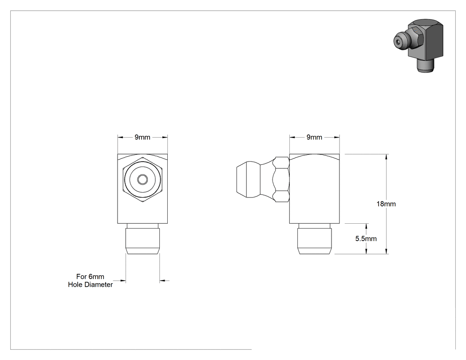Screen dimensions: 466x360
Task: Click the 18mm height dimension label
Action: click(386, 204)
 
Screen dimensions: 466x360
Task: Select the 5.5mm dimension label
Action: click(366, 239)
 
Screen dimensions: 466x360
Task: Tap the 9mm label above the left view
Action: click(142, 137)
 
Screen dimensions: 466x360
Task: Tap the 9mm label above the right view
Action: click(314, 137)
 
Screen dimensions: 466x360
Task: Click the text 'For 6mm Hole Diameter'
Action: click(91, 281)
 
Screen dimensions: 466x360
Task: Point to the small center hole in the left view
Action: click(142, 179)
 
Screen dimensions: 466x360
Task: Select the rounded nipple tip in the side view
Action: click(249, 179)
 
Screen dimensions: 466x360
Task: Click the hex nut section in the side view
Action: click(281, 179)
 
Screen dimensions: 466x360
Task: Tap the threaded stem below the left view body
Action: click(142, 239)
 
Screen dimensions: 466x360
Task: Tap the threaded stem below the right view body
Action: click(315, 239)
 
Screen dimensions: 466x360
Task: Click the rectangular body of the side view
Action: click(314, 189)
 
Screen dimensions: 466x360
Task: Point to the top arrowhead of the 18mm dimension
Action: click(387, 157)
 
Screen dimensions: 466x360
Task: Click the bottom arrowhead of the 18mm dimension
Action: click(387, 251)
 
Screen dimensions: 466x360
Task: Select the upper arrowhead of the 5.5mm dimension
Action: click(366, 226)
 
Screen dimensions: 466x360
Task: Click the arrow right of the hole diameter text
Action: click(122, 281)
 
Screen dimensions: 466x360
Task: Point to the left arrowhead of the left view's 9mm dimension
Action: click(121, 137)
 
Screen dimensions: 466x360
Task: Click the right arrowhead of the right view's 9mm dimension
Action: click(336, 137)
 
